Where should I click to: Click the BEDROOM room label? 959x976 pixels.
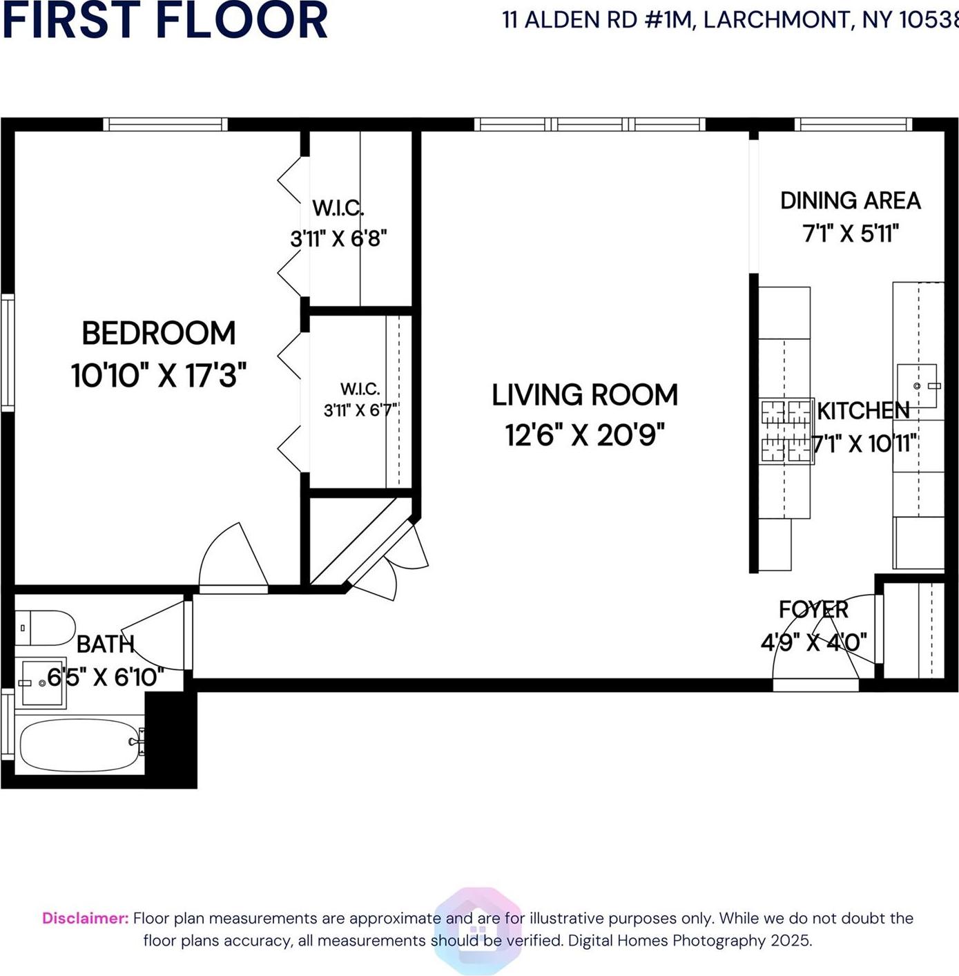[159, 334]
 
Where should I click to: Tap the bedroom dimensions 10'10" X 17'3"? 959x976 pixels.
[159, 376]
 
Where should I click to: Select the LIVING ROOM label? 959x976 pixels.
[584, 395]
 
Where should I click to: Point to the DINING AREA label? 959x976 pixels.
[850, 201]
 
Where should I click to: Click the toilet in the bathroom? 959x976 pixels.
[46, 627]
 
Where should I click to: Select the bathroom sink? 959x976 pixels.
[41, 682]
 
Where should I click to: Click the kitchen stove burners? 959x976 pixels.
[786, 430]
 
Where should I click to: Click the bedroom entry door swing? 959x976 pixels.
[232, 559]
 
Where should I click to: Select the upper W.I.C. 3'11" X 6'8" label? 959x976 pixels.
[338, 223]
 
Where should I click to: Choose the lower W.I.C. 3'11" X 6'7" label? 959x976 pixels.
[360, 400]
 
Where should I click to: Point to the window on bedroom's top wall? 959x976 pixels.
[165, 124]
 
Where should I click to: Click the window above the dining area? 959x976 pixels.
[853, 124]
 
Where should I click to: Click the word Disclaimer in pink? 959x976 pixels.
[85, 918]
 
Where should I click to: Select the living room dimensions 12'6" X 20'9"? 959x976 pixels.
[584, 435]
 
